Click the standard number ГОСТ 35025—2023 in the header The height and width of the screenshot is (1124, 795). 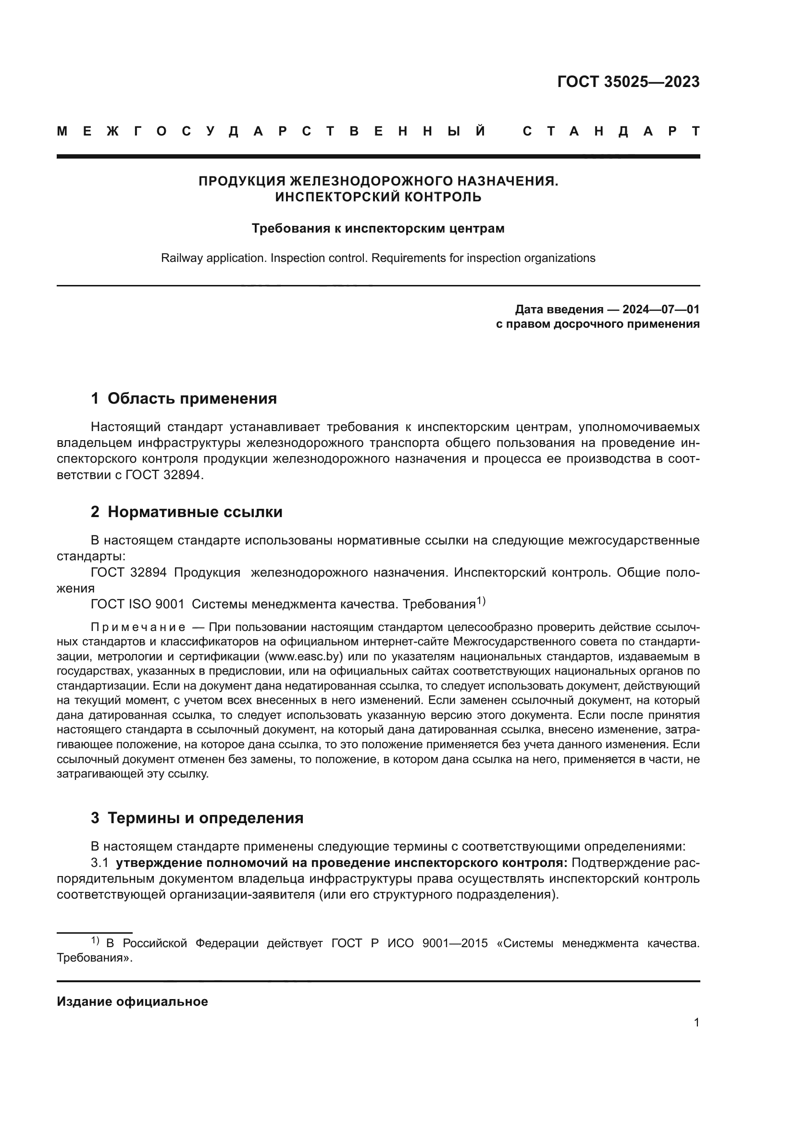628,82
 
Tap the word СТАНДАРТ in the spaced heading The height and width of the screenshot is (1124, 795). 611,131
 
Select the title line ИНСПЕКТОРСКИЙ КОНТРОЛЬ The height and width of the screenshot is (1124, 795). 378,197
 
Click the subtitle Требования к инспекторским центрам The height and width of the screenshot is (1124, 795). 378,228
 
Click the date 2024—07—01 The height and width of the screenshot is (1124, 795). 661,309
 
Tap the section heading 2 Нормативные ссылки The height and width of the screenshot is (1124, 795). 186,512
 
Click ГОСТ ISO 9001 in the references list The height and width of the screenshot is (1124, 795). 137,604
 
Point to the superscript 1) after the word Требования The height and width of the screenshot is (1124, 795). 481,601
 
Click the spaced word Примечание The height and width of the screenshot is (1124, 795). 138,628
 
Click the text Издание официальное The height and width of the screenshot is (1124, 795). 132,1001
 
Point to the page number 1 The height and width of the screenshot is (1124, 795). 696,1022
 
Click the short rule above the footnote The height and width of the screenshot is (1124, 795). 95,933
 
